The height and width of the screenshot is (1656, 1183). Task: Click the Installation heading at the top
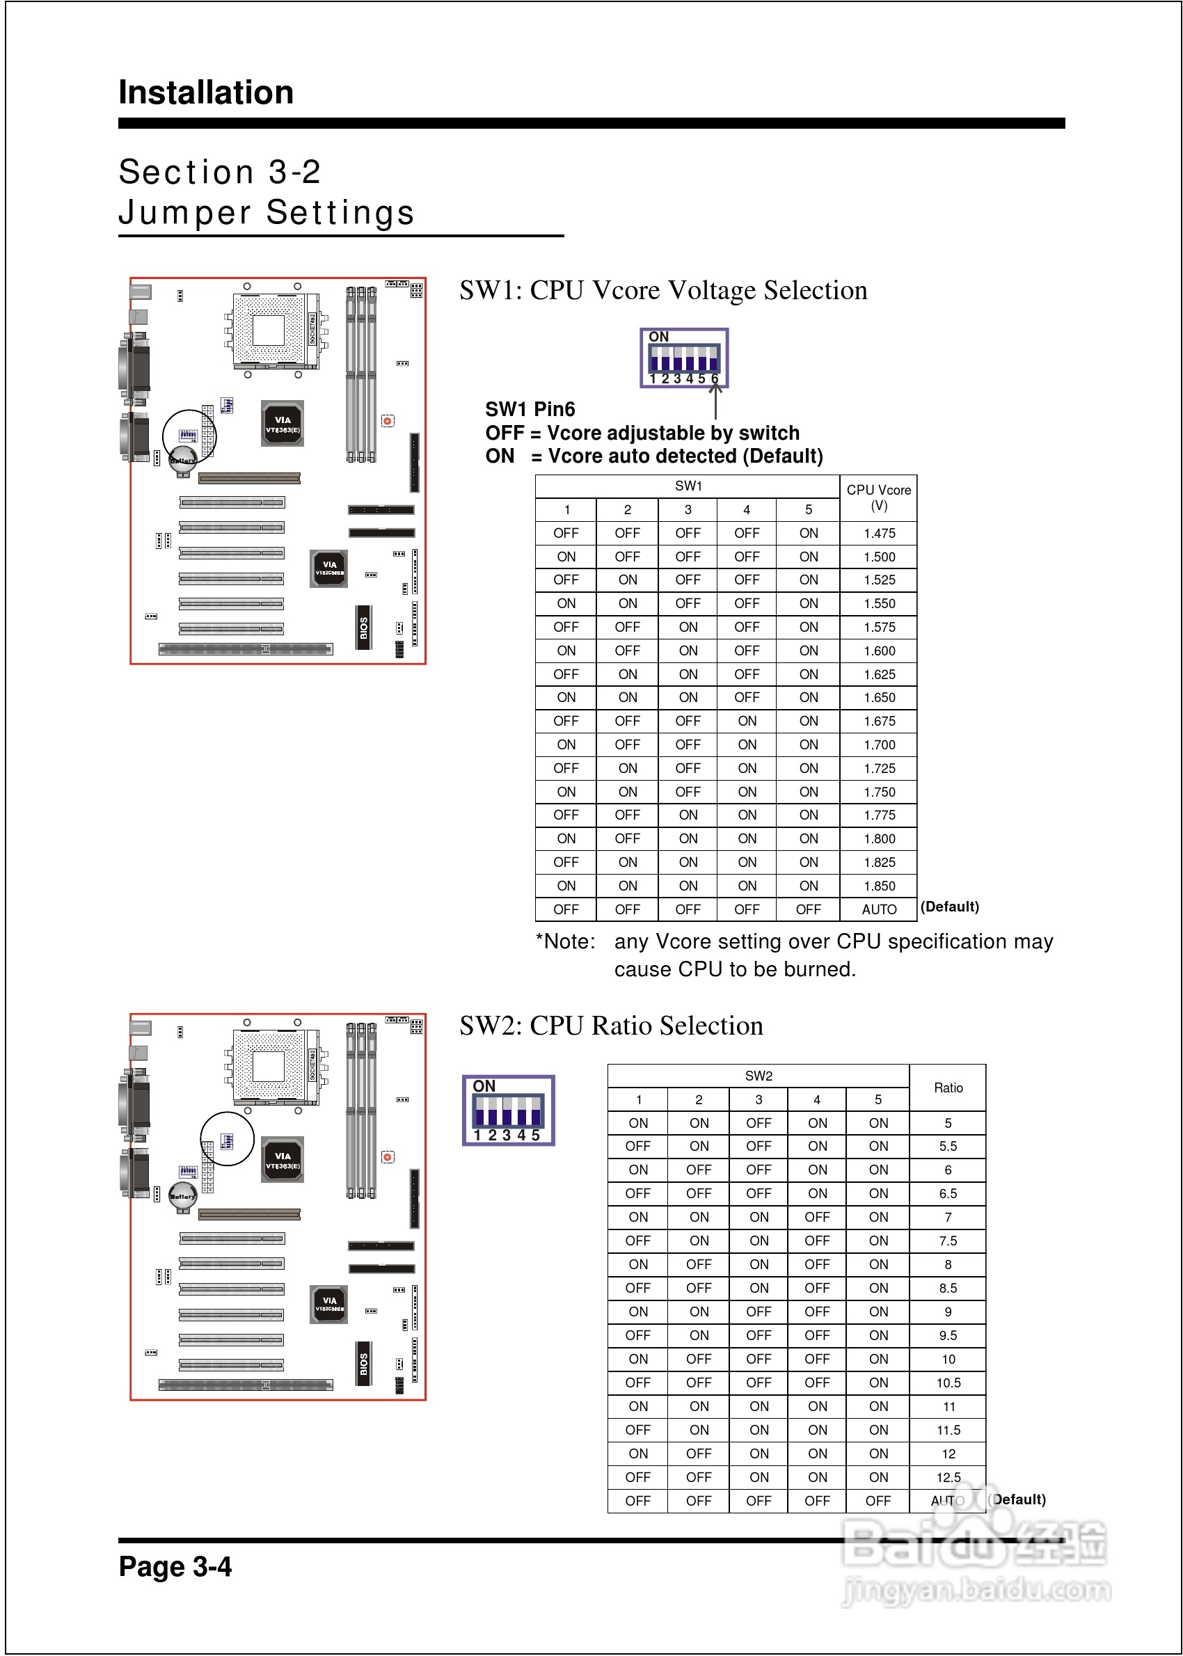(206, 93)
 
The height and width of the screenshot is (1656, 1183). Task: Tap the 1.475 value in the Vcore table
(879, 533)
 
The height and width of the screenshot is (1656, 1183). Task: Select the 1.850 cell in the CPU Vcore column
(879, 886)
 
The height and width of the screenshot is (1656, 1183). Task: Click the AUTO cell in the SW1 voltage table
(879, 909)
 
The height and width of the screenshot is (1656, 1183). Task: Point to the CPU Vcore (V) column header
(878, 497)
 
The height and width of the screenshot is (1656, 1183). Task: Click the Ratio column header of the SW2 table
(948, 1088)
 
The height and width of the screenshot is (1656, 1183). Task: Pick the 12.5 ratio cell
(948, 1477)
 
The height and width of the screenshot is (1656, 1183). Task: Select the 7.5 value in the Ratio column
(948, 1241)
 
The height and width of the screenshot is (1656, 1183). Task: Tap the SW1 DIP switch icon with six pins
(684, 358)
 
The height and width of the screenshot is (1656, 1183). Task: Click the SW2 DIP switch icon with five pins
(509, 1110)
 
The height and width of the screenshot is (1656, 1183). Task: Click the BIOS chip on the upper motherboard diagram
(363, 627)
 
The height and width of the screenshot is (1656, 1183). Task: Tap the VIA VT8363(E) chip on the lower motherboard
(283, 1160)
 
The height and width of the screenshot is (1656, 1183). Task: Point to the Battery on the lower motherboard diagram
(182, 1196)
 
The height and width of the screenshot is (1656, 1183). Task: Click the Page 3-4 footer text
(175, 1566)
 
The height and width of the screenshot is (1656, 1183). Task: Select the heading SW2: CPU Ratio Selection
(611, 1026)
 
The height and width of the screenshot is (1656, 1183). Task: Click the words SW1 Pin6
(530, 409)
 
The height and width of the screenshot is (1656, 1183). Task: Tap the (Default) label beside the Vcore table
(949, 907)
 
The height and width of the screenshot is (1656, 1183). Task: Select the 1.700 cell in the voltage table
(879, 745)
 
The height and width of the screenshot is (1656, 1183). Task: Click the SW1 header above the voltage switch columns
(688, 486)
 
